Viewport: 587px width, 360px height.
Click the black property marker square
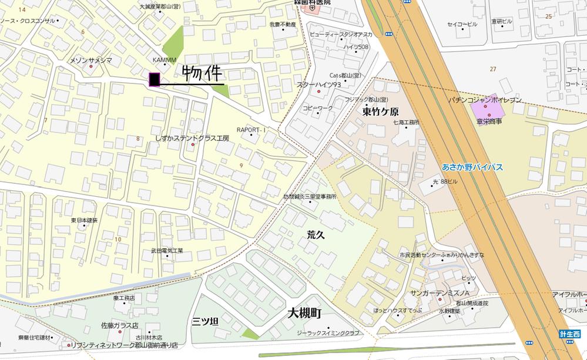155,79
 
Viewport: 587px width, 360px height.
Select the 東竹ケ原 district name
380,111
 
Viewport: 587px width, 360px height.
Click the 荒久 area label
316,234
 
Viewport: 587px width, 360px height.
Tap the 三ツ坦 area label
205,321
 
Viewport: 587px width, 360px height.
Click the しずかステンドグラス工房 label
192,138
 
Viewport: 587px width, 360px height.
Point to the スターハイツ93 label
319,85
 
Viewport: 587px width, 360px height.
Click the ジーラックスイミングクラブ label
328,333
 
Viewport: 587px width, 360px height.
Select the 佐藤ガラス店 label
119,325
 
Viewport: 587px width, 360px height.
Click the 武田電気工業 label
167,251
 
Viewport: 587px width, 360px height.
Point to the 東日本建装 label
84,220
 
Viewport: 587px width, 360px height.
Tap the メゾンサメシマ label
90,60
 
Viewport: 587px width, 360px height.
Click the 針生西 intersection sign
569,334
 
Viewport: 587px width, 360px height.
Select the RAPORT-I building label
251,130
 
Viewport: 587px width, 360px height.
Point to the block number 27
492,69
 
